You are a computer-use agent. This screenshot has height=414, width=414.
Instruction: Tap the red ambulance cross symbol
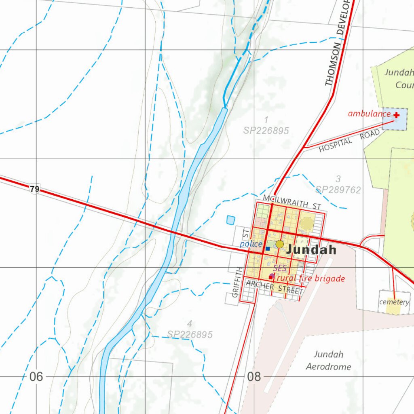397,115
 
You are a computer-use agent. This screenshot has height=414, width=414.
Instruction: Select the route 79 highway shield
35,189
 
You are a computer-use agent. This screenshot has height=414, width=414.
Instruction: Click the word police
251,244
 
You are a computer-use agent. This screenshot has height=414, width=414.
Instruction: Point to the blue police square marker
268,248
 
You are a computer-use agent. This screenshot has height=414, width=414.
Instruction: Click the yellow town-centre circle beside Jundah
280,244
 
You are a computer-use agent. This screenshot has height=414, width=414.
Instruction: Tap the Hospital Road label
349,141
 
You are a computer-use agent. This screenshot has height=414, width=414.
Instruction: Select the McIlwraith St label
291,202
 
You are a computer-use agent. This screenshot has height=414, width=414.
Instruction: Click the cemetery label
394,302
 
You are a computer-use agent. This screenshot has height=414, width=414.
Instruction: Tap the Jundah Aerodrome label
328,361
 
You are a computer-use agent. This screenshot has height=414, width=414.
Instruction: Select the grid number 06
36,377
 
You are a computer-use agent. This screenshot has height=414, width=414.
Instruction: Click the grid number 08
254,377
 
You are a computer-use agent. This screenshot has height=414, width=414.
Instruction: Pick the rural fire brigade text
311,279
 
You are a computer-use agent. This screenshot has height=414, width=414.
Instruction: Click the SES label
280,268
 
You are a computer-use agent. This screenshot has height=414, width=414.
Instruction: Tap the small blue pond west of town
230,220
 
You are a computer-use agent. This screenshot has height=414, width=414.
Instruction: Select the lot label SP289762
338,190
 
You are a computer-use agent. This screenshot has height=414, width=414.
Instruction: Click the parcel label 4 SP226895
190,330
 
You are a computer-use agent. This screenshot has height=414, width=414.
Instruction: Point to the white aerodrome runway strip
299,323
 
